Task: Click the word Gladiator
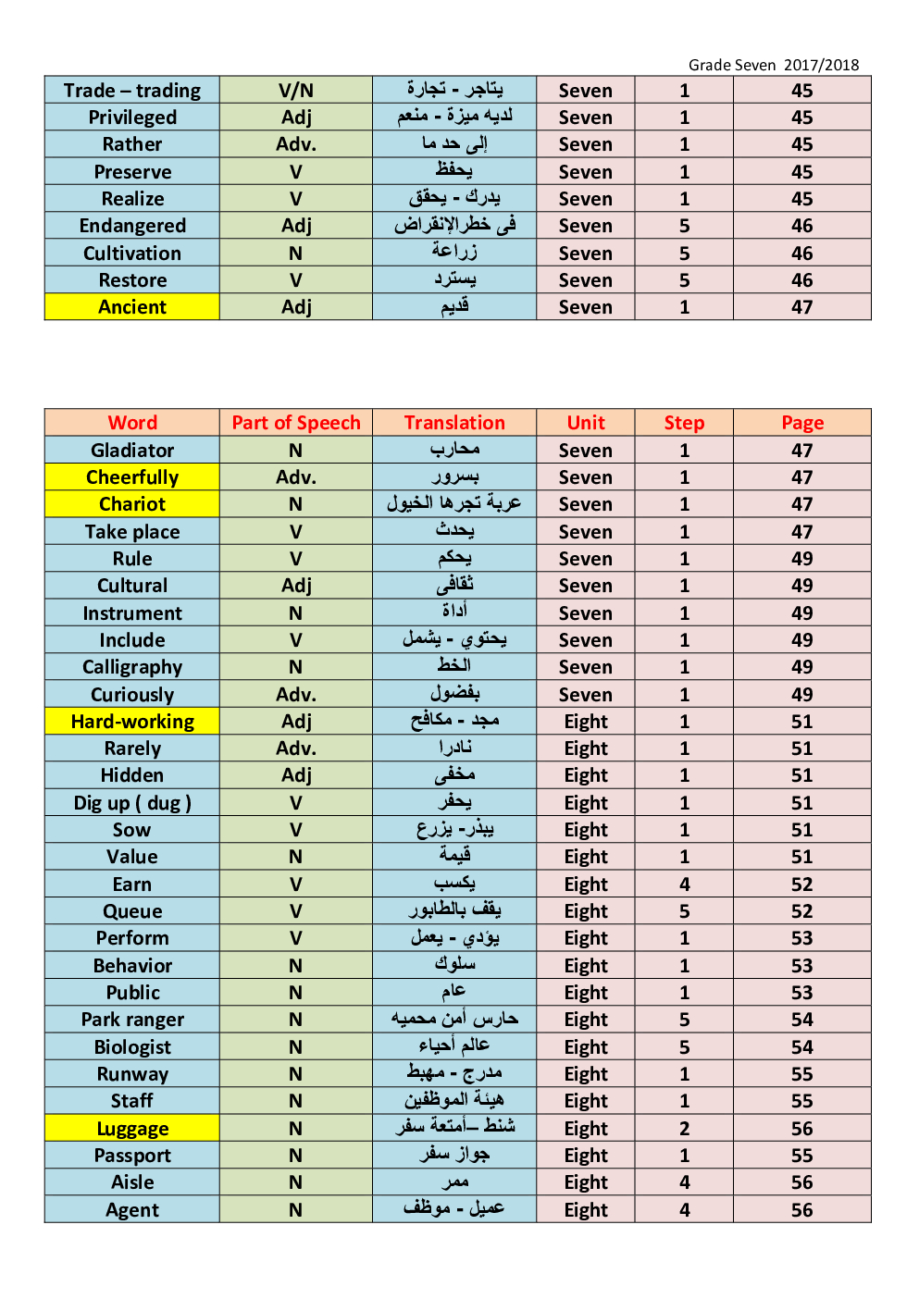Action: click(x=132, y=451)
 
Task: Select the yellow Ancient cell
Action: click(x=132, y=307)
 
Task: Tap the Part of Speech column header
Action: click(x=296, y=423)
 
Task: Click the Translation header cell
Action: click(x=454, y=423)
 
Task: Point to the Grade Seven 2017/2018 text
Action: click(x=774, y=65)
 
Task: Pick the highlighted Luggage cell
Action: click(x=132, y=1129)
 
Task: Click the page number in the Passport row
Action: click(x=801, y=1156)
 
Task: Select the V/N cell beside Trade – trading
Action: click(x=296, y=91)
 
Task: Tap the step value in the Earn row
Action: click(x=684, y=885)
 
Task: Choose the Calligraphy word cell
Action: click(x=132, y=667)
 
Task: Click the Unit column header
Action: click(x=586, y=423)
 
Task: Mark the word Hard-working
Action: click(x=132, y=722)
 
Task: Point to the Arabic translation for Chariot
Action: click(x=454, y=504)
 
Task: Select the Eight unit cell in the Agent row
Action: click(x=586, y=1210)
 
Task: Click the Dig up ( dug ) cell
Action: click(x=132, y=803)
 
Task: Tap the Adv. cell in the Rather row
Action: click(x=296, y=144)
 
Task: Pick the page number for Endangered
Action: click(x=801, y=226)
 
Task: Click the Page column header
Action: click(x=801, y=423)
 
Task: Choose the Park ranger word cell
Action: click(x=132, y=1020)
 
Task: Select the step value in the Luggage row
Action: click(x=684, y=1129)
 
